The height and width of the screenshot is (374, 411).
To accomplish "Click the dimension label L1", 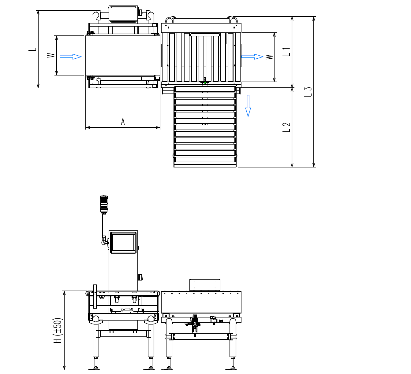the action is [286, 52].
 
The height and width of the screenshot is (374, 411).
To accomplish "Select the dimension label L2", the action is [286, 127].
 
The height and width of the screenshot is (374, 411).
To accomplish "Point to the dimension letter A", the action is [123, 122].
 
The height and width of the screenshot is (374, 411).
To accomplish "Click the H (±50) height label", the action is [58, 331].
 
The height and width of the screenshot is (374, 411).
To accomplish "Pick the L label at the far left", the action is [33, 49].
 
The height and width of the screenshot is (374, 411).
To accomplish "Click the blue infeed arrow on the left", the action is [70, 57].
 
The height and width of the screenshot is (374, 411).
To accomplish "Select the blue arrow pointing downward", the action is [248, 106].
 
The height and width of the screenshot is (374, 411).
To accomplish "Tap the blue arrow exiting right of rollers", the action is [252, 57].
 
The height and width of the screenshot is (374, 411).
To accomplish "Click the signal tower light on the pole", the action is [104, 204].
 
